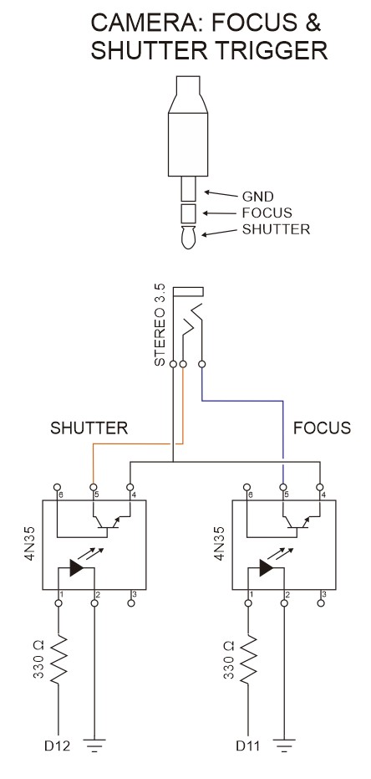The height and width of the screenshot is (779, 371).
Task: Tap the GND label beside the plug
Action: [257, 197]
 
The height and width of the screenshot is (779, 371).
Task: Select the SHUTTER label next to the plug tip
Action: [276, 229]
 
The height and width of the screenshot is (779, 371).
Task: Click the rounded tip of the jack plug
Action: [187, 238]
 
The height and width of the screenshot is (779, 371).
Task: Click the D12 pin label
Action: [57, 746]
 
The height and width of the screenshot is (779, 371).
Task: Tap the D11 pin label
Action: [248, 746]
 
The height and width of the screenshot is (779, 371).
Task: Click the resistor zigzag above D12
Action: [58, 659]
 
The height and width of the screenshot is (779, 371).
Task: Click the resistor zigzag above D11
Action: [248, 659]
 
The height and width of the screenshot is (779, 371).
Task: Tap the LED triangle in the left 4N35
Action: [77, 567]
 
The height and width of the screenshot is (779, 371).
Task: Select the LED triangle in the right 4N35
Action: [267, 567]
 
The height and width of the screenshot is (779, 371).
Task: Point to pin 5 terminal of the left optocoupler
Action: [94, 487]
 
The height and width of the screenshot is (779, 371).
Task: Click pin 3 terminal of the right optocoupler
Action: [321, 603]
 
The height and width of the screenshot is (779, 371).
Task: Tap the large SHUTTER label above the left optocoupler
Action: [89, 428]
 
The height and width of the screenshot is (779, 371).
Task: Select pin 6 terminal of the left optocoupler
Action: [58, 487]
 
